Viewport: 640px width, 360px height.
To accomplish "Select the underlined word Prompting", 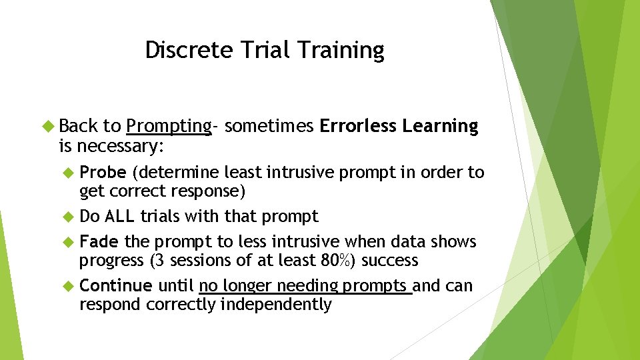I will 169,126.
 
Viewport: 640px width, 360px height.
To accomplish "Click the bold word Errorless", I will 358,126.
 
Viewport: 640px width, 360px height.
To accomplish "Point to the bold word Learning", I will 440,126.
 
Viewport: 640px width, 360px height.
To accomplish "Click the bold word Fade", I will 99,241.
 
